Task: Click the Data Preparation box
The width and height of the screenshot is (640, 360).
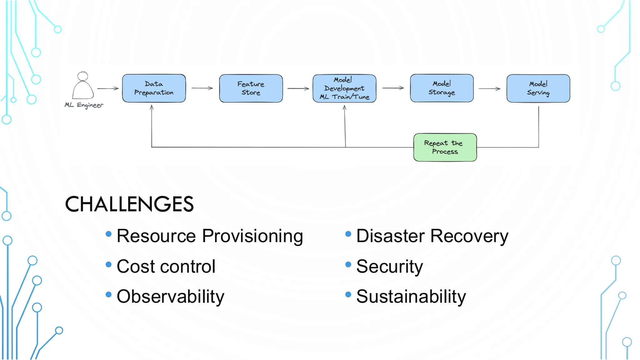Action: click(x=154, y=88)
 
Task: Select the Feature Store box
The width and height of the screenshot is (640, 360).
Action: click(x=251, y=88)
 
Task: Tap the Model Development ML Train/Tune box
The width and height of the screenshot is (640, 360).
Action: click(x=344, y=88)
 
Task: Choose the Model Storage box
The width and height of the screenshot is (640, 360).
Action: click(x=442, y=88)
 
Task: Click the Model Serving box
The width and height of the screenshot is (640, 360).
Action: click(x=538, y=88)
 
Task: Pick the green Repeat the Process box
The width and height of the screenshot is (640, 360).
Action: click(x=445, y=147)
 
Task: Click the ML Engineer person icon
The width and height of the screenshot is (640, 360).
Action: click(x=83, y=86)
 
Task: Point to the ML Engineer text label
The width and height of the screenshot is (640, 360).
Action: click(x=84, y=105)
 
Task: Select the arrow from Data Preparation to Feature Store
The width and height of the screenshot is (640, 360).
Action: click(x=202, y=88)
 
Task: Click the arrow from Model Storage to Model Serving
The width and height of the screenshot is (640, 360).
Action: click(x=489, y=89)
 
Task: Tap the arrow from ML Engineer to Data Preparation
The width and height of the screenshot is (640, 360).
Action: click(x=108, y=88)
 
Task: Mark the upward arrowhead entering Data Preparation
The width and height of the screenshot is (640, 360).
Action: click(x=152, y=107)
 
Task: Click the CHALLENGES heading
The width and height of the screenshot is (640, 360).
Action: click(x=129, y=204)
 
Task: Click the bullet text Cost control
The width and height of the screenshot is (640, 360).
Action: click(x=166, y=267)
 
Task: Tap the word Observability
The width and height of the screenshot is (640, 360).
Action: click(x=170, y=297)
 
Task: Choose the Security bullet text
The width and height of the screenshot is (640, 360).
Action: click(x=389, y=267)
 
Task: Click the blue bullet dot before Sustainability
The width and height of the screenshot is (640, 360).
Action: click(x=348, y=295)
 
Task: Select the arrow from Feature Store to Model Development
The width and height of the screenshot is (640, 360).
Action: click(x=298, y=88)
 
